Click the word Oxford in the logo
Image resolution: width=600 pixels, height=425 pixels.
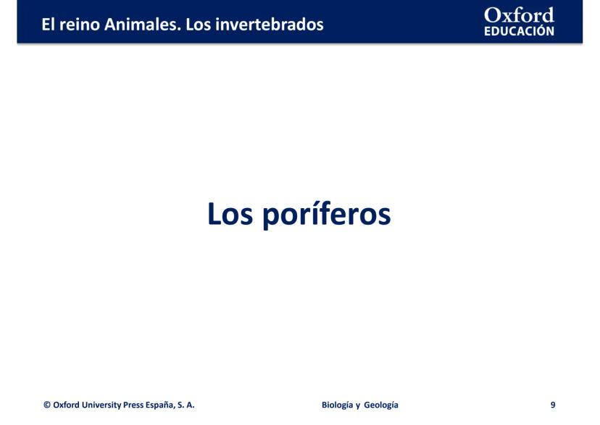point(519,15)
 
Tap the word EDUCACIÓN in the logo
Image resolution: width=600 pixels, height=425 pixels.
point(519,31)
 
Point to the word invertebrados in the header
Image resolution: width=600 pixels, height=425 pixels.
point(270,25)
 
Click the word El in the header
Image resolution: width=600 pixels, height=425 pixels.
point(49,25)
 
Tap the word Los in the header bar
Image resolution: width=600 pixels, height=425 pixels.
point(199,25)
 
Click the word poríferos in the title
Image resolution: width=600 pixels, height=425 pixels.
point(327,214)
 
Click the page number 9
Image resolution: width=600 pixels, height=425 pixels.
point(553,405)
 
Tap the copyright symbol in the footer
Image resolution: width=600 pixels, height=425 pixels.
point(47,405)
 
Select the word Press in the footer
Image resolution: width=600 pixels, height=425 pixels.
point(133,405)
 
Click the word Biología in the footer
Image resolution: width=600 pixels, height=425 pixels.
point(337,405)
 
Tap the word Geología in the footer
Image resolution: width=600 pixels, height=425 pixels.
point(381,405)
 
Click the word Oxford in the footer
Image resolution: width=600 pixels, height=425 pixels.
point(66,405)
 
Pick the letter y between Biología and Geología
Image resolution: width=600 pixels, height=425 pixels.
point(358,406)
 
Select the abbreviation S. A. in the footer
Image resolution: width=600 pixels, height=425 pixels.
point(186,405)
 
